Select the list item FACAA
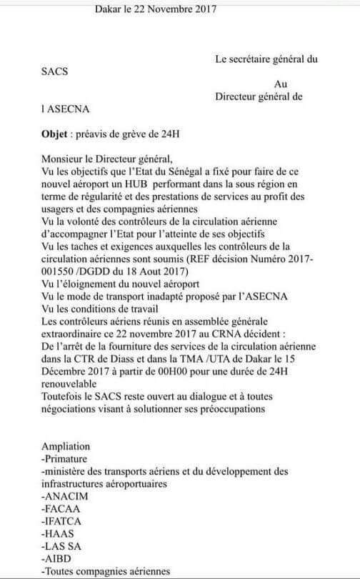[x=62, y=508]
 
